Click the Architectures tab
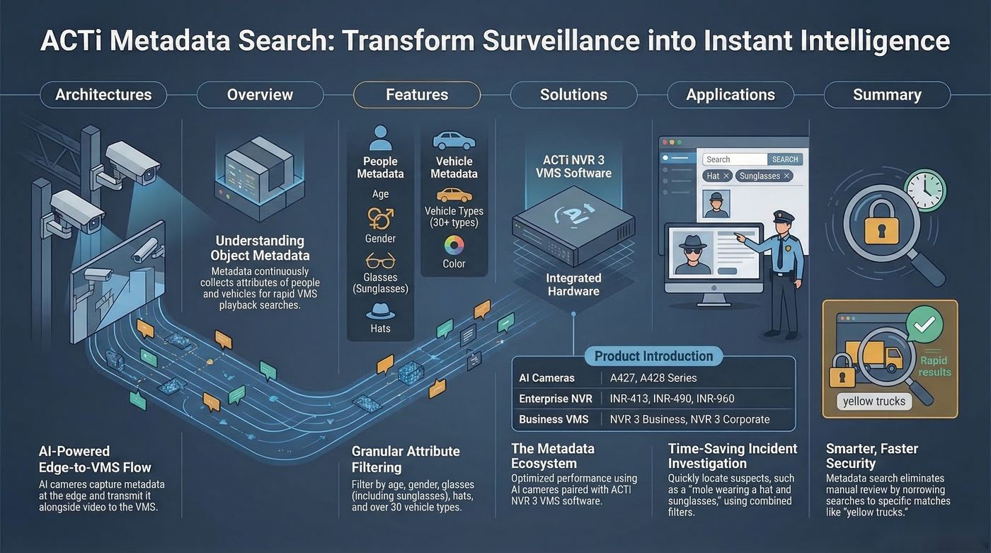103,95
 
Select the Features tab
417,95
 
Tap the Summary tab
887,95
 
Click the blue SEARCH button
785,159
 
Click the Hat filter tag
716,176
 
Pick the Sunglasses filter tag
764,176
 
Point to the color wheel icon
454,246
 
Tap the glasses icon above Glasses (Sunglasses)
380,261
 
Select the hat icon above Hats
381,311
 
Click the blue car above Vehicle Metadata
454,141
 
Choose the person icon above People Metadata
380,138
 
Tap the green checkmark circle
924,325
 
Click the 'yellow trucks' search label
874,401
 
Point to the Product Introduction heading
653,356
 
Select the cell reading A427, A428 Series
653,378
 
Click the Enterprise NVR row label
556,399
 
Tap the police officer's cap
784,217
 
